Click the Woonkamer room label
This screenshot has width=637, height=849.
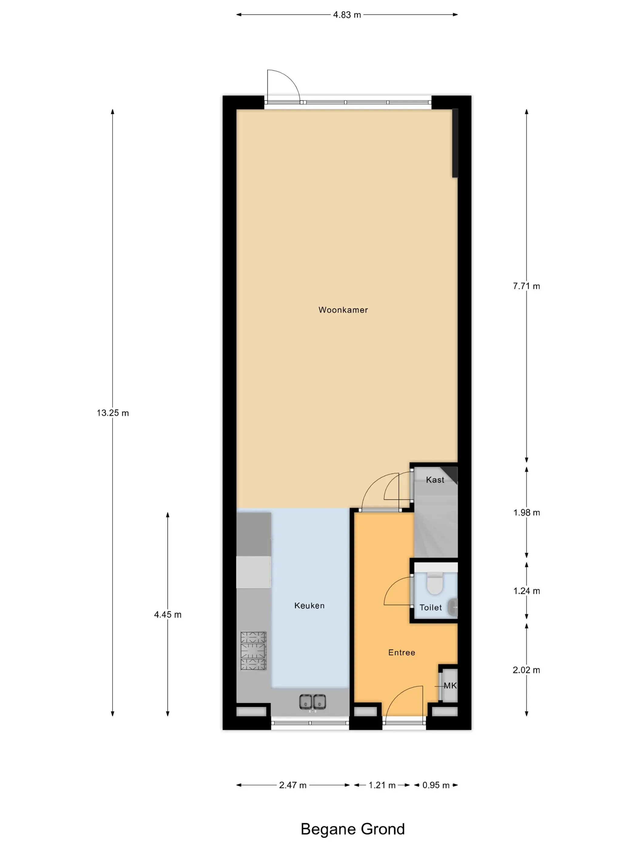343,310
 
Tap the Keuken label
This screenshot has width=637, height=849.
309,605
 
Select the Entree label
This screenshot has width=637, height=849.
401,653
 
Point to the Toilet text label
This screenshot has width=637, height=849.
430,608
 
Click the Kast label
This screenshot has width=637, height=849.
435,480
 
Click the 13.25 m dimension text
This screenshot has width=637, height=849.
113,413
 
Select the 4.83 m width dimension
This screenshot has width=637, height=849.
347,15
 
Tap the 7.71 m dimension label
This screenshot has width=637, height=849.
526,286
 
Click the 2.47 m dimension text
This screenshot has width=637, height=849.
293,785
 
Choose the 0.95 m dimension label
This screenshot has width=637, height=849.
436,785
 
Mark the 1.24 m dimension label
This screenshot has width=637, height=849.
526,591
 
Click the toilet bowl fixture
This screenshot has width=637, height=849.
435,583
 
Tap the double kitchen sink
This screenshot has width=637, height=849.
312,702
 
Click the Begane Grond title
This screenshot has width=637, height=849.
352,829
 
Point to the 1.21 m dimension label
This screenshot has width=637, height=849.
382,785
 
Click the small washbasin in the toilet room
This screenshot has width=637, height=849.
453,607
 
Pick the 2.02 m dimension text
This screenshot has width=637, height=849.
526,670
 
